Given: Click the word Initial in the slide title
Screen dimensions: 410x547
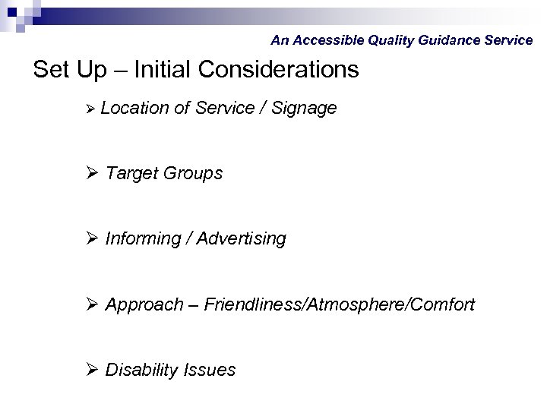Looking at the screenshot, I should point(166,70).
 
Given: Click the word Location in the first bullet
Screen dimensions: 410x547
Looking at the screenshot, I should point(134,109).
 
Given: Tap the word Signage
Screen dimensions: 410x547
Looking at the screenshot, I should point(301,109).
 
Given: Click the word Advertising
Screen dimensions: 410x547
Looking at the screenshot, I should point(242,239).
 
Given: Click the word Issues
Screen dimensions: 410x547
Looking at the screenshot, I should point(210,371).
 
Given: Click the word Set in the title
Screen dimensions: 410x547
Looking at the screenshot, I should point(52,70).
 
